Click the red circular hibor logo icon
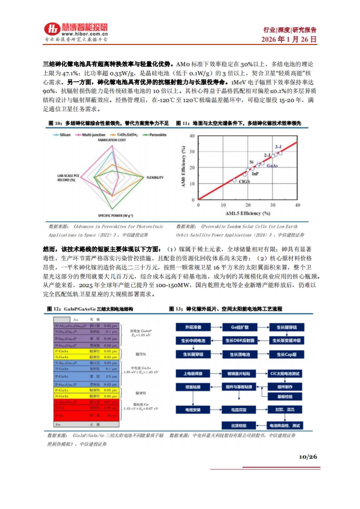[x=52, y=29]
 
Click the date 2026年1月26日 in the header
[x=289, y=39]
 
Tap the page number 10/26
[x=308, y=457]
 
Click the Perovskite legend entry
[x=155, y=135]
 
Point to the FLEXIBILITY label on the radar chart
[x=155, y=177]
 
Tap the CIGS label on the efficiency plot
[x=244, y=182]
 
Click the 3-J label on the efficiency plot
[x=278, y=147]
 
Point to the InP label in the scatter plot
[x=255, y=174]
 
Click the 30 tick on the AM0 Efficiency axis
[x=192, y=152]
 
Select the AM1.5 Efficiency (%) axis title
[x=248, y=213]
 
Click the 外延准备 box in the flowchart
[x=193, y=327]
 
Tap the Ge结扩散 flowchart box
[x=240, y=327]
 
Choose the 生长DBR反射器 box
[x=240, y=341]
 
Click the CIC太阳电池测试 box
[x=285, y=374]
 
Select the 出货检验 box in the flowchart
[x=239, y=425]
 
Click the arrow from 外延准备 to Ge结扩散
[x=216, y=327]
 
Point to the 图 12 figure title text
[x=90, y=309]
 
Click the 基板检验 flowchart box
[x=285, y=397]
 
